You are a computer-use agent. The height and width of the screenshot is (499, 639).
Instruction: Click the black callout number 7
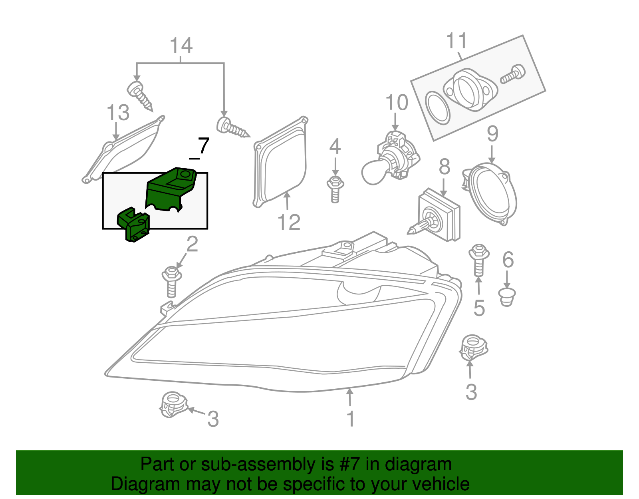(203, 146)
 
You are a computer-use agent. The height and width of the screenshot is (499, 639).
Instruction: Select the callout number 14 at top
(181, 46)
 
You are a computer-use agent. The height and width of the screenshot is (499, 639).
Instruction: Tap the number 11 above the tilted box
(456, 41)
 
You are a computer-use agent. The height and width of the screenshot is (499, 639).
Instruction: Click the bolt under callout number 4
(335, 189)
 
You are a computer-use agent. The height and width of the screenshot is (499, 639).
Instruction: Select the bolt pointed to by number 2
(172, 282)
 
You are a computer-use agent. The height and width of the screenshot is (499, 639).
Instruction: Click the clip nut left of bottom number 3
(173, 404)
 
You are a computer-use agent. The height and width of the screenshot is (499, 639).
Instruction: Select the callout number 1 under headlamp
(350, 419)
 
